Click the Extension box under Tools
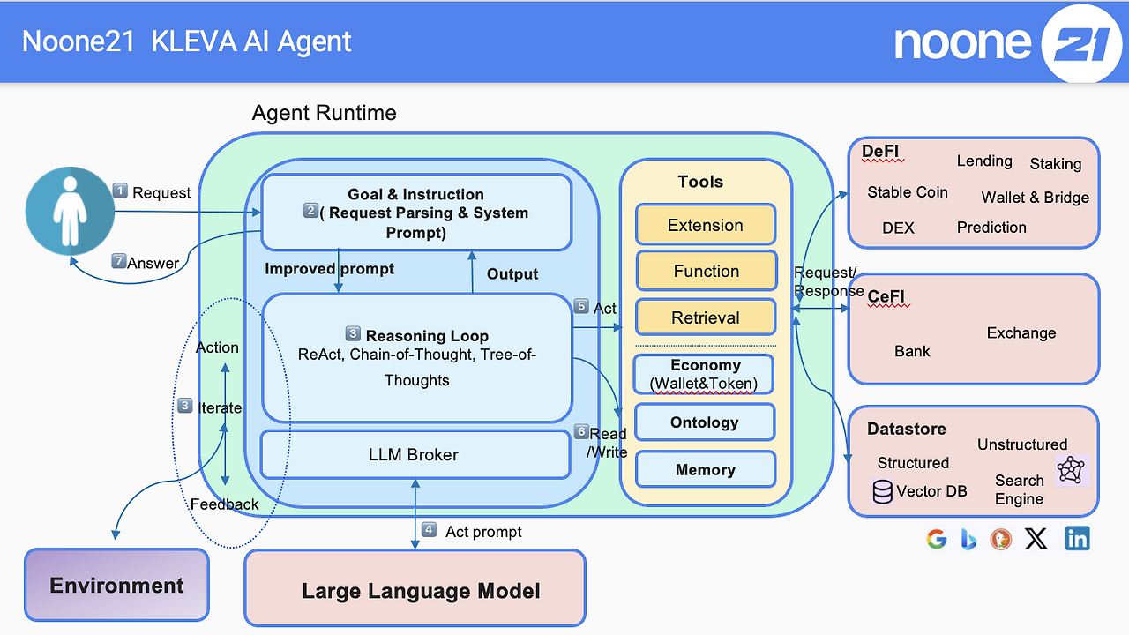(x=706, y=225)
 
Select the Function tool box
(x=706, y=272)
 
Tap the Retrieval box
(x=706, y=317)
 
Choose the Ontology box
(x=705, y=422)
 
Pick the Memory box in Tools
(x=705, y=470)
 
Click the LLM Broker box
(x=414, y=455)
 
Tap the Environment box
(x=116, y=585)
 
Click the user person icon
(x=69, y=213)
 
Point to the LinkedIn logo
(x=1077, y=539)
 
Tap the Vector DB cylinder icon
(x=882, y=491)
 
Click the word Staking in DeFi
(x=1055, y=164)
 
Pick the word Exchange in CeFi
(x=1021, y=333)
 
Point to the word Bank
(x=912, y=351)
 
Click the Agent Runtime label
(x=324, y=113)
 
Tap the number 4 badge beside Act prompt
(x=429, y=530)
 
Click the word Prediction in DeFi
(x=991, y=228)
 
